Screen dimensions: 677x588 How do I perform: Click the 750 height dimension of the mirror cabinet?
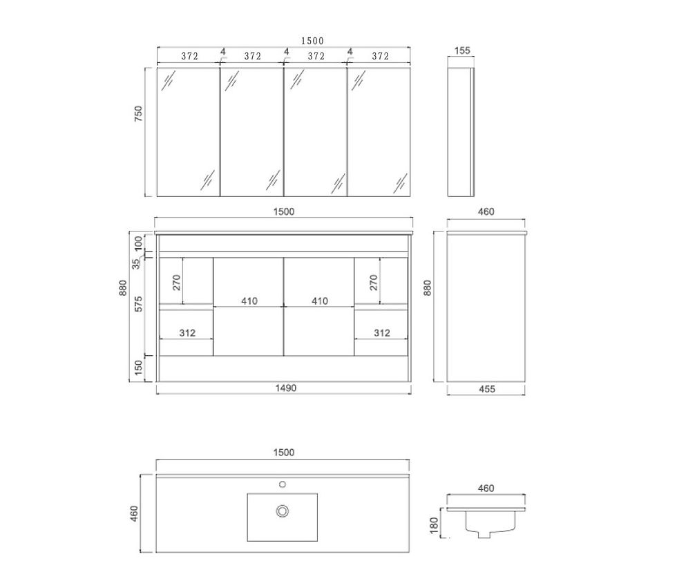coord(138,113)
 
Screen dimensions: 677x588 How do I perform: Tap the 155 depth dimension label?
coord(462,50)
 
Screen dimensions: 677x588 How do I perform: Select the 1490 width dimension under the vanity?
coord(286,388)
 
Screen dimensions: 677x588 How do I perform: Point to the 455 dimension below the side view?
coord(487,389)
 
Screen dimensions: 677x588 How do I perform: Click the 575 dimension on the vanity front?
coord(138,304)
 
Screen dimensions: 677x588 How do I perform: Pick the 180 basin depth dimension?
coord(435,525)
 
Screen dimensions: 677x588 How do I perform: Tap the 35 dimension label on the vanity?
coord(137,263)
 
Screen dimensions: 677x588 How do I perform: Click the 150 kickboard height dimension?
coord(138,368)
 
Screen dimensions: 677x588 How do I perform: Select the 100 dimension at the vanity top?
coord(138,243)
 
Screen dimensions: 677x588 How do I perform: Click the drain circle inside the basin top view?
coord(283,511)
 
